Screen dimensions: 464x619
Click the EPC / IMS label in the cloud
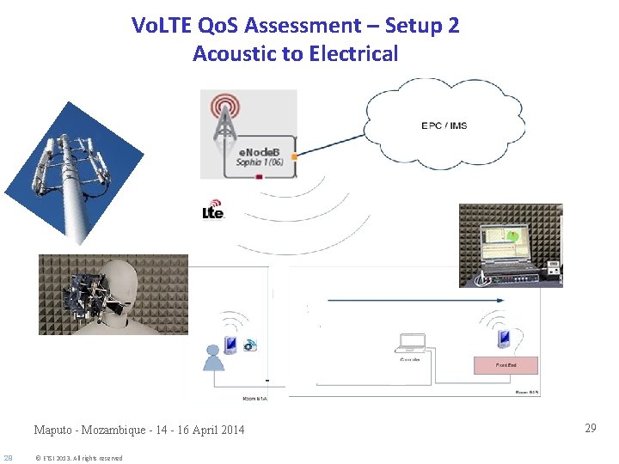444,125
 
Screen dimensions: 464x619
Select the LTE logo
213,211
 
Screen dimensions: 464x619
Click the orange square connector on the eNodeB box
295,156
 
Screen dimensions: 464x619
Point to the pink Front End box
506,365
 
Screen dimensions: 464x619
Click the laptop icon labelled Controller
409,344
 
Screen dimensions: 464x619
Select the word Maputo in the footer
54,430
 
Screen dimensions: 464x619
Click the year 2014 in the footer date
230,430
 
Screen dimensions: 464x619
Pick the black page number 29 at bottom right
590,428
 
